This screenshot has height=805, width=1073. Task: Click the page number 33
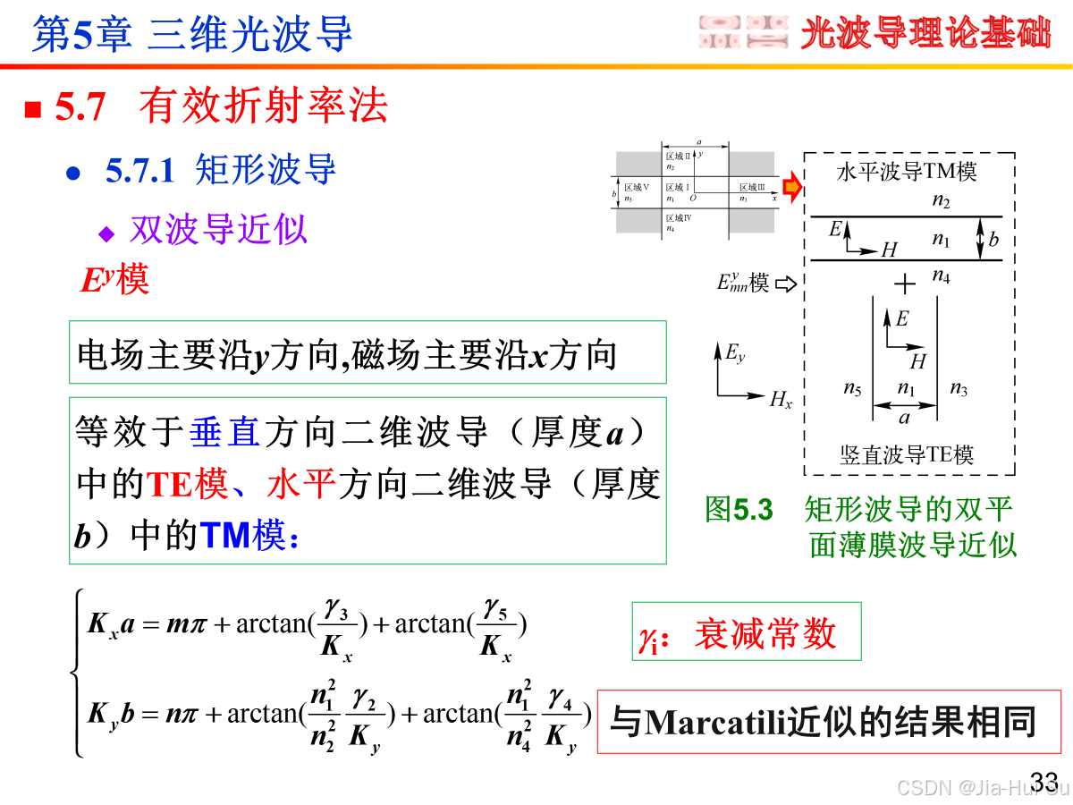point(1044,780)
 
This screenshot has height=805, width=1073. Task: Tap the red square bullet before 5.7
point(33,109)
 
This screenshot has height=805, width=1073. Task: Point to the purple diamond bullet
point(107,233)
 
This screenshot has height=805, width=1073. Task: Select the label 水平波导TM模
point(907,172)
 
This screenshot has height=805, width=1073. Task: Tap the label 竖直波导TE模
point(907,454)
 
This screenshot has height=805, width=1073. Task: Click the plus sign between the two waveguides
point(906,284)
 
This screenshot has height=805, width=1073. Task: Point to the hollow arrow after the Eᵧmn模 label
point(785,284)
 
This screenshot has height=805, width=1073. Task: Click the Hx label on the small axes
point(781,400)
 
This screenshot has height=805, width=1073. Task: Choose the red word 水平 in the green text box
point(300,484)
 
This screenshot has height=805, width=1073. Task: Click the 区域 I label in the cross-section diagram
point(678,187)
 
